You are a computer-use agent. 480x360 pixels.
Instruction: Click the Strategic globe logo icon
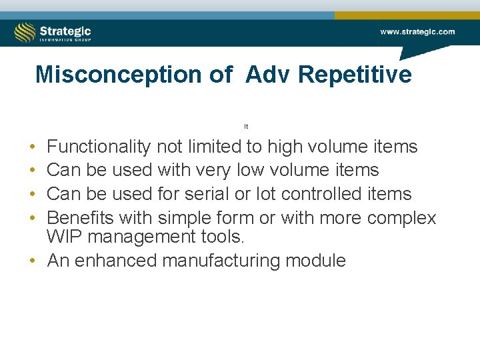point(25,32)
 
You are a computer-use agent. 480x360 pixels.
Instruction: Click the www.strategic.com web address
point(417,31)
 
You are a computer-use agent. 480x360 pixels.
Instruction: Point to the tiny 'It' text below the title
point(246,126)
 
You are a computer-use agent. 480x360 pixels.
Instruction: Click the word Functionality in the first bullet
point(99,147)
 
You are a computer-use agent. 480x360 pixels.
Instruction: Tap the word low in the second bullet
point(251,170)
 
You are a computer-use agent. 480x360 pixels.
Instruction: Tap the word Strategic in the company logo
point(65,31)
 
